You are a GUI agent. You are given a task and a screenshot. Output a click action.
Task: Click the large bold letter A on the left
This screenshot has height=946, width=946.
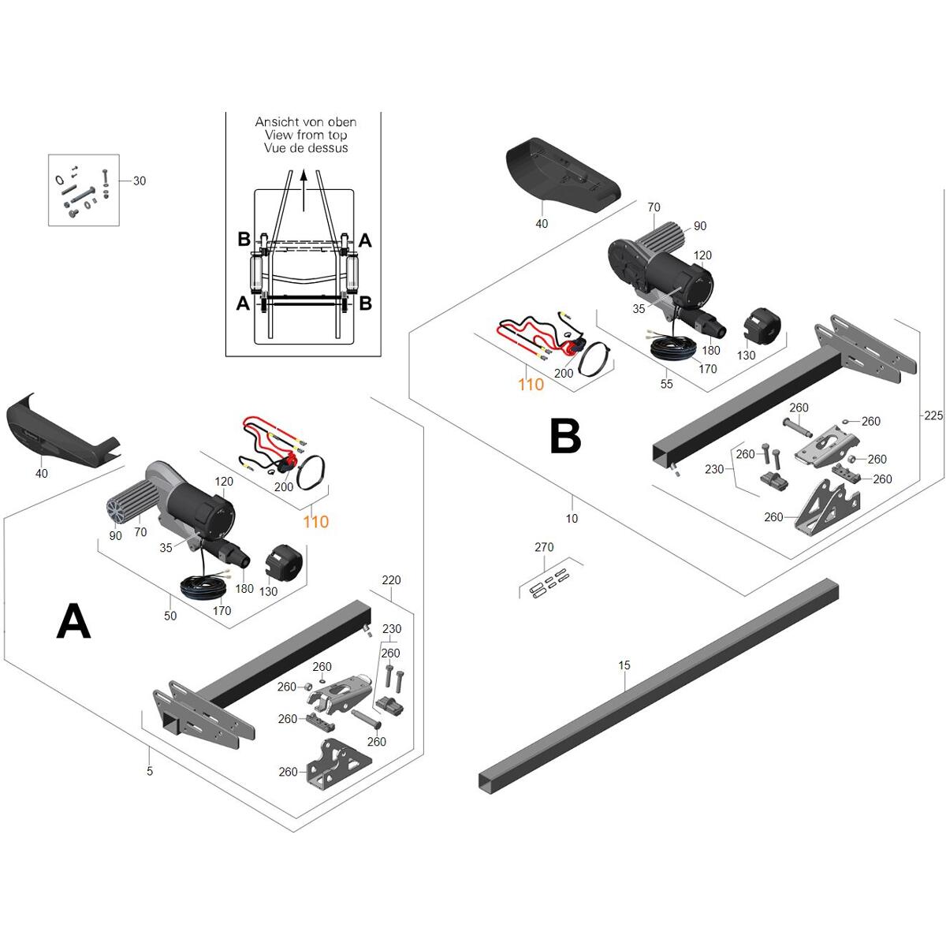click(73, 621)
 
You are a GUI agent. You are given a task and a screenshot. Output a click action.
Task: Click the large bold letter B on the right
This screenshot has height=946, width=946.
click(565, 435)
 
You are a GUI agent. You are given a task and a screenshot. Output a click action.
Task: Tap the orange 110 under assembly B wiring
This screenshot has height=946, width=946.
click(531, 385)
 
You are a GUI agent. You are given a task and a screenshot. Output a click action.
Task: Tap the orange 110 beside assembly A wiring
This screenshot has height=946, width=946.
click(315, 521)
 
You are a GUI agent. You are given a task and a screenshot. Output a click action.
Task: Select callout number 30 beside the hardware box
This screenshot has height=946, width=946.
click(140, 181)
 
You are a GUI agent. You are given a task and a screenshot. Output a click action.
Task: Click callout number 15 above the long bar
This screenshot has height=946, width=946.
click(624, 665)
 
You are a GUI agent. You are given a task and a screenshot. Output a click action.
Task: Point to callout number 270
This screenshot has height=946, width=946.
click(544, 547)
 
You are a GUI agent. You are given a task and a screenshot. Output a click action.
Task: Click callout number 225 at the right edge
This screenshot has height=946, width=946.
click(933, 415)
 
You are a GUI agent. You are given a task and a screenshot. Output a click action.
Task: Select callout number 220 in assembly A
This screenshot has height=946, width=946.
click(391, 579)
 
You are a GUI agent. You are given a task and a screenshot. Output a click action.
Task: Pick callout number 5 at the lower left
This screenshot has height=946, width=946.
click(150, 771)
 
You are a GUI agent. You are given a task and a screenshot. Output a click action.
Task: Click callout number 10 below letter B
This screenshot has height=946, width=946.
click(572, 519)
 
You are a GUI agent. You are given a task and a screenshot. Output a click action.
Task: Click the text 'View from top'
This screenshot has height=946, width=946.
click(305, 135)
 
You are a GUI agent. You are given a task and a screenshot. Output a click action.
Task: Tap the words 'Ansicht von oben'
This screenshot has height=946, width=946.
click(305, 121)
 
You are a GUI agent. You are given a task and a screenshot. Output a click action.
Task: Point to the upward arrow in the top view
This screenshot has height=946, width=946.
click(304, 191)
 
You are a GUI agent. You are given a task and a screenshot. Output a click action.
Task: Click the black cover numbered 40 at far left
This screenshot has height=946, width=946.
click(61, 427)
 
